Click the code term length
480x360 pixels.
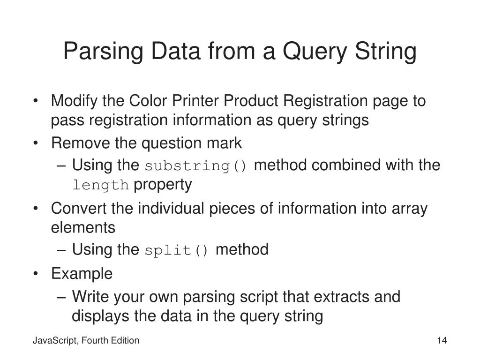click(x=100, y=186)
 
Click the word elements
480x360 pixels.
click(x=82, y=228)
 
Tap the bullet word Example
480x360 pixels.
click(x=82, y=274)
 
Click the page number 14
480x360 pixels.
click(x=441, y=341)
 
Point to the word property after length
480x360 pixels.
click(x=162, y=185)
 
